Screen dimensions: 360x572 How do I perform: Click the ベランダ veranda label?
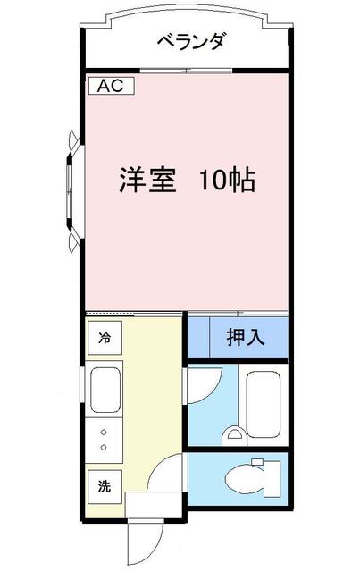pos(191,41)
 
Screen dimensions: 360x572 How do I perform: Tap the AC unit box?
pos(112,86)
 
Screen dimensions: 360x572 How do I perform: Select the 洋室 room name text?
pos(147,180)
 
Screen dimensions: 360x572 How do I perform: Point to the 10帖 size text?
pos(227,180)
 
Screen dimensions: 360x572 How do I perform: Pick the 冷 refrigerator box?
pos(105,338)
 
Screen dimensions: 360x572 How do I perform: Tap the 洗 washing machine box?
pos(105,486)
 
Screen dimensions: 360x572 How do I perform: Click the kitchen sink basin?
pos(105,390)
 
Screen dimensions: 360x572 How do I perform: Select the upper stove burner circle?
pos(104,433)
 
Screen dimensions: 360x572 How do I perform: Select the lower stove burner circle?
pos(104,447)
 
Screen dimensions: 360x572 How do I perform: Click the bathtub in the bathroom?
pos(264,404)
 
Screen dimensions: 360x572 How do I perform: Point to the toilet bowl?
pos(244,477)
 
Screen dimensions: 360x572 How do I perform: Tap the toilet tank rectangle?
pos(272,479)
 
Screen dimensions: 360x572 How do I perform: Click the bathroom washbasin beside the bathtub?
pos(235,433)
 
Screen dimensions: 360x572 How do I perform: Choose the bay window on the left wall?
pos(74,191)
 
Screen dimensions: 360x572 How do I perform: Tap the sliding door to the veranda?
pos(187,71)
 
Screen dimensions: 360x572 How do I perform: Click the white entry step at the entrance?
pos(154,504)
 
